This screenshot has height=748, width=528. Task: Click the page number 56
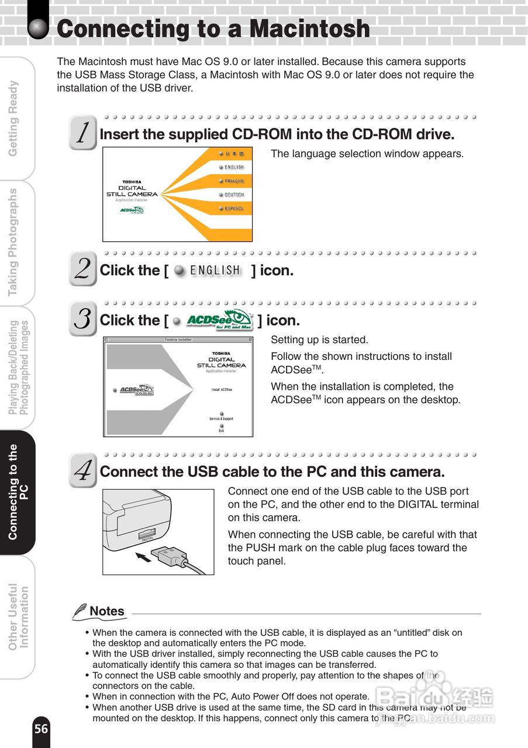click(41, 729)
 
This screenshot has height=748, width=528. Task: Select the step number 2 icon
click(82, 269)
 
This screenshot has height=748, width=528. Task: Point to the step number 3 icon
click(82, 319)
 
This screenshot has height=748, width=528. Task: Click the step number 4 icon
click(82, 470)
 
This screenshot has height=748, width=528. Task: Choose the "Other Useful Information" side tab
click(18, 617)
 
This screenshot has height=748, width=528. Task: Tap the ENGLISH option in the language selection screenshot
click(232, 167)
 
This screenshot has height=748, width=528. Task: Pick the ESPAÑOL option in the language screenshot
click(232, 209)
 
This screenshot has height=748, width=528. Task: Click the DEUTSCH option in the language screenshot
click(232, 195)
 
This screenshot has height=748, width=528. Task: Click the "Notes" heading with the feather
click(99, 611)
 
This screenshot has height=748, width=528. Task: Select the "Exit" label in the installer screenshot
click(221, 430)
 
